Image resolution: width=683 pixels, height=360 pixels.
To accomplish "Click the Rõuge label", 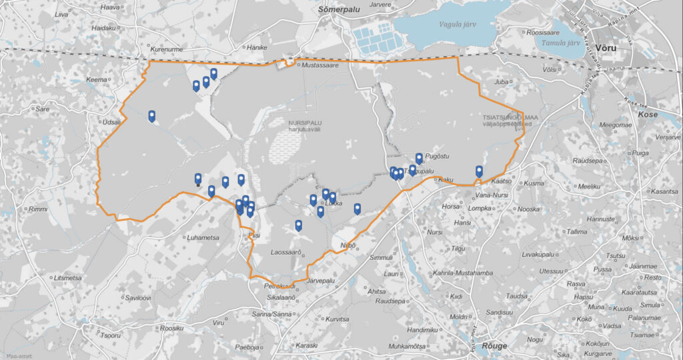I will (494, 345).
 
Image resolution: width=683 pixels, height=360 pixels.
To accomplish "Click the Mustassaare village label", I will (321, 65).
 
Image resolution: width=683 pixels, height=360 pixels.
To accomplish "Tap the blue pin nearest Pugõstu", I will (419, 158).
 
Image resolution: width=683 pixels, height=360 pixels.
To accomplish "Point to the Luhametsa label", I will (205, 237).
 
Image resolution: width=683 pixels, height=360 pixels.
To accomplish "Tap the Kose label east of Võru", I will (648, 115).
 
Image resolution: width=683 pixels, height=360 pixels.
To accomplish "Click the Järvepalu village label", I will (320, 281).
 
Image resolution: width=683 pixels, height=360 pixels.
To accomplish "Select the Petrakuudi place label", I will (270, 285).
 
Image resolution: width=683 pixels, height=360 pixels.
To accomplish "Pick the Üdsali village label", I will (112, 122).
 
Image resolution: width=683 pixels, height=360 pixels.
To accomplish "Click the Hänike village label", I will (257, 47).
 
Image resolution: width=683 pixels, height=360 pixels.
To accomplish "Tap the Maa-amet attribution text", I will (15, 355).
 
